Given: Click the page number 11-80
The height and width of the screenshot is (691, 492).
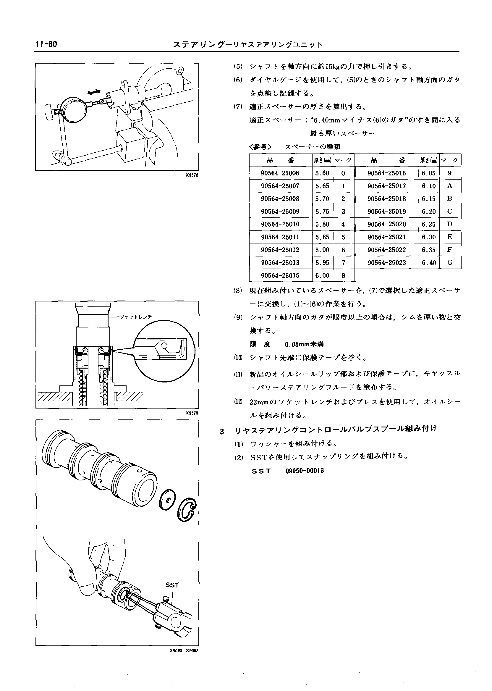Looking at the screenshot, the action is [46, 45].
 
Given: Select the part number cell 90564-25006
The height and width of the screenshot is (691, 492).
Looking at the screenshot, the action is [280, 173].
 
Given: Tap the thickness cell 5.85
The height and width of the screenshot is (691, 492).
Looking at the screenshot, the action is [322, 237].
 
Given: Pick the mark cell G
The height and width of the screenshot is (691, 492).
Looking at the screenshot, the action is [450, 262].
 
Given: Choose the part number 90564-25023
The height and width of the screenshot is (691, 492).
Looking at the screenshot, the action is [386, 262].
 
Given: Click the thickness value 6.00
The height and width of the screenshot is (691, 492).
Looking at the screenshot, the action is [322, 275].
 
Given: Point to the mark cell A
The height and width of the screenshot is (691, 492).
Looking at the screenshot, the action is [450, 186].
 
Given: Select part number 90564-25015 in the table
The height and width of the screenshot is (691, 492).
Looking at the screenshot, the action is [280, 275].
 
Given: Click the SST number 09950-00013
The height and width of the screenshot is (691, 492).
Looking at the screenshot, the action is [305, 471].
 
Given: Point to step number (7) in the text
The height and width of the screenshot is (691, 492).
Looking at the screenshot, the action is [238, 107].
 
